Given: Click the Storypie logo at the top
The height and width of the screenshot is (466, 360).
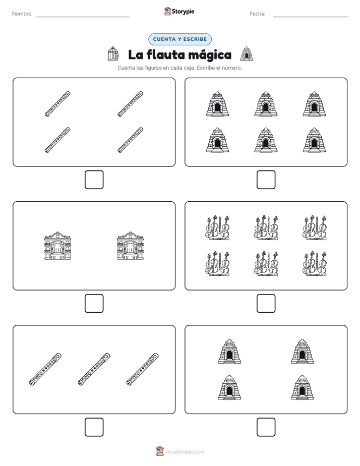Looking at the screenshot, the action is coord(179,11).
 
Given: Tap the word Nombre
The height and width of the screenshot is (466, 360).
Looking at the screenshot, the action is coord(22,14).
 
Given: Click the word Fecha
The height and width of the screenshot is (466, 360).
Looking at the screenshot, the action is coord(257,14).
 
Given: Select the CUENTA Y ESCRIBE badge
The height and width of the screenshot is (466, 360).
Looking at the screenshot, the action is coord(180,39).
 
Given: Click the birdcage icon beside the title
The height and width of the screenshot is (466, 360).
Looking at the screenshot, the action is coord(113,54).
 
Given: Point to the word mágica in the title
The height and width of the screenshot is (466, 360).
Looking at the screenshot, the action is coord(210,55).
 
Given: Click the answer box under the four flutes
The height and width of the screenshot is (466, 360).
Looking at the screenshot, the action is coord(94,180).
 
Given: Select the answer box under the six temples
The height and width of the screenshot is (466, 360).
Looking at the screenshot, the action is coord(266,180).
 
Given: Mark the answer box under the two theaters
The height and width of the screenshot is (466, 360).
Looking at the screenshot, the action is coord(94,303).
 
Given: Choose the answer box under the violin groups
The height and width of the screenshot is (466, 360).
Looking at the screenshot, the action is coord(266,303).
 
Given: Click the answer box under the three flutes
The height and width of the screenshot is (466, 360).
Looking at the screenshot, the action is coord(94,427).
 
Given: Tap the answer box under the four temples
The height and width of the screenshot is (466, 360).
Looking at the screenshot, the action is coord(266,427).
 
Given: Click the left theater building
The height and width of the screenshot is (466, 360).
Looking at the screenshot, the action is coord(57,246).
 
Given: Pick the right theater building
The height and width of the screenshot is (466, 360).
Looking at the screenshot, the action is coord(131,246).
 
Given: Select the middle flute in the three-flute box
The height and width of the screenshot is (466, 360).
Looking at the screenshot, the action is coord(94,369).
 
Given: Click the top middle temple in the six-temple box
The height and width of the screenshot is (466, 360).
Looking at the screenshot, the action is coord(266,104).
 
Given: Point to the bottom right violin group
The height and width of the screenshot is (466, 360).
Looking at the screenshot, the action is coord(315,264).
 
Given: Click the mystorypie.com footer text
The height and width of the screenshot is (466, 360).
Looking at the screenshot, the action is coord(185,452).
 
